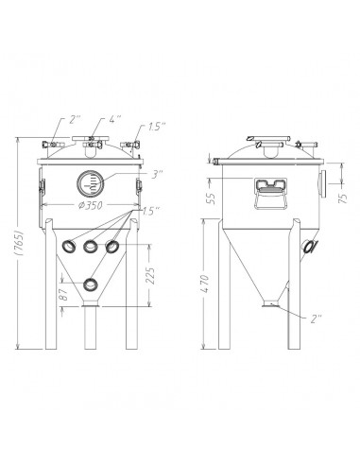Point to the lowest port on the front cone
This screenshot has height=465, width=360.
[91, 283]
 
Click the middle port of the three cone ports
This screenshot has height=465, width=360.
[91, 247]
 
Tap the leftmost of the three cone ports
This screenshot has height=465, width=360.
[68, 247]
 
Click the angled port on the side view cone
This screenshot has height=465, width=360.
[308, 247]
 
